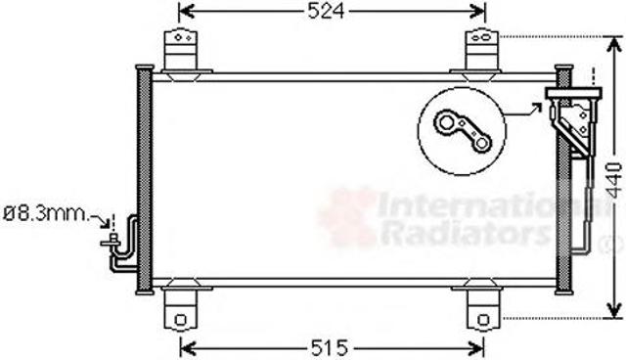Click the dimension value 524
click(326, 12)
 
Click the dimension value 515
click(330, 348)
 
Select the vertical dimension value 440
click(615, 180)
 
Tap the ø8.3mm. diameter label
click(45, 214)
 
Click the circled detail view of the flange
click(462, 131)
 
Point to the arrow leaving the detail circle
click(524, 111)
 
